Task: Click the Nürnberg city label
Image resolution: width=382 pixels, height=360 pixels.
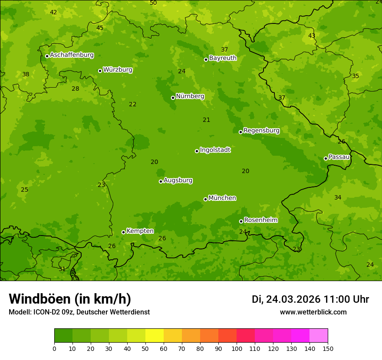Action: pos(190,96)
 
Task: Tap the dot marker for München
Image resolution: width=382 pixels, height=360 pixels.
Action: pos(205,199)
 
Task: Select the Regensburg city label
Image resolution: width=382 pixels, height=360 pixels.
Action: pos(261,131)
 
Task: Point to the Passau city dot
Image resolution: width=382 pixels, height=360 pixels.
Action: pos(326,158)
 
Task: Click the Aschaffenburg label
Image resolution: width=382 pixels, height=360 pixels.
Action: pos(72,55)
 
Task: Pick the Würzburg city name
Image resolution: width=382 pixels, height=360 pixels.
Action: pos(118,70)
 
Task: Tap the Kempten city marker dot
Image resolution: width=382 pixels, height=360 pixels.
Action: pos(123,232)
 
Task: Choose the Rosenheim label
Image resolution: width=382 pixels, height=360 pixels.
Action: pos(260,220)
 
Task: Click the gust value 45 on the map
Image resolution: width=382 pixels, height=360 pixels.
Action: pos(100,28)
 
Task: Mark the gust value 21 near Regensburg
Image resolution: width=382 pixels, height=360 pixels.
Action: pos(207,120)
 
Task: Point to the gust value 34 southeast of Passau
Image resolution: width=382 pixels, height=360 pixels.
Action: pos(338,197)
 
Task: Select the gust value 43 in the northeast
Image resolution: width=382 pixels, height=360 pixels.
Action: pos(312,36)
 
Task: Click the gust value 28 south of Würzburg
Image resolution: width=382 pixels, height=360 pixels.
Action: pos(76,88)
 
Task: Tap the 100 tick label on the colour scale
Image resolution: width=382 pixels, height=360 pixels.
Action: pos(237,348)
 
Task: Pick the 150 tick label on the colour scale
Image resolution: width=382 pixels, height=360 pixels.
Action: pos(328,348)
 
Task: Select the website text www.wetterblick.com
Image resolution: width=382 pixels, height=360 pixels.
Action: pos(313,312)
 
